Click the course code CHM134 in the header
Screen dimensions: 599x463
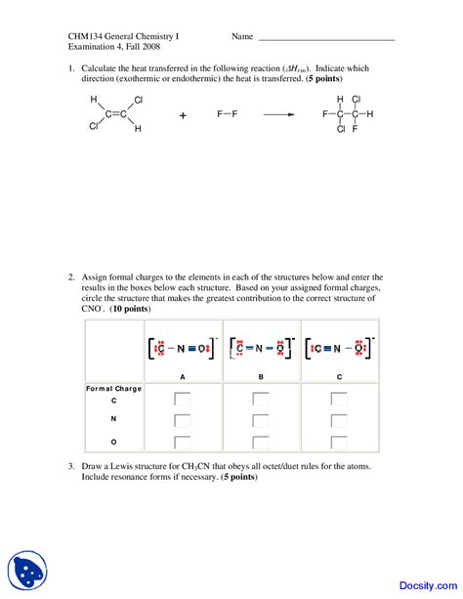[85, 37]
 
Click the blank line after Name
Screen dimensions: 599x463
[325, 38]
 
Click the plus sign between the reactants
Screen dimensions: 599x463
[183, 114]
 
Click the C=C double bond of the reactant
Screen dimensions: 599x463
[116, 114]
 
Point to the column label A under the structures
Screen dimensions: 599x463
[183, 376]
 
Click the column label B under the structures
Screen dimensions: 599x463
[261, 376]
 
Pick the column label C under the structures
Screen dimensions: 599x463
[339, 376]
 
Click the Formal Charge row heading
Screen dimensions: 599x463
[113, 388]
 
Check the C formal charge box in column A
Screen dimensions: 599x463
[183, 399]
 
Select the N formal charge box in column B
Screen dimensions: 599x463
[261, 420]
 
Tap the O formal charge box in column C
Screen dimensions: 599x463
[339, 442]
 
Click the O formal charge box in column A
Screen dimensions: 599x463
[183, 442]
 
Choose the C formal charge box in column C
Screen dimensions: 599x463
[339, 399]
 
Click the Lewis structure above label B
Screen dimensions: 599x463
[261, 347]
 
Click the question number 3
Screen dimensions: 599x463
[71, 467]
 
